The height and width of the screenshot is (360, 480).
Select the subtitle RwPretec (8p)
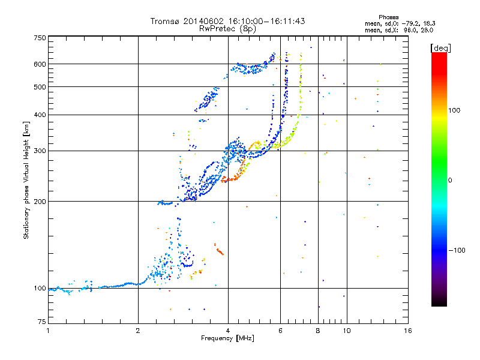227,28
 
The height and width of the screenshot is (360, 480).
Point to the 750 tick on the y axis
40,38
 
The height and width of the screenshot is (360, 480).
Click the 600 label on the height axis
40,64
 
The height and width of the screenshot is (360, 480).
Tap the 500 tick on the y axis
40,87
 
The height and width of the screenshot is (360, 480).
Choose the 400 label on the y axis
40,115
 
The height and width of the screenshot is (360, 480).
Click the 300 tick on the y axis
40,151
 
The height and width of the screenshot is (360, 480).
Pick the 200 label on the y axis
40,202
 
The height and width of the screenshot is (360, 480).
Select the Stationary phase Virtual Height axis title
26,180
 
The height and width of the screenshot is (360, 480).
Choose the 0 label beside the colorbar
451,180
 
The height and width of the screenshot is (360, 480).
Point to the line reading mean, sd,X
398,29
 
